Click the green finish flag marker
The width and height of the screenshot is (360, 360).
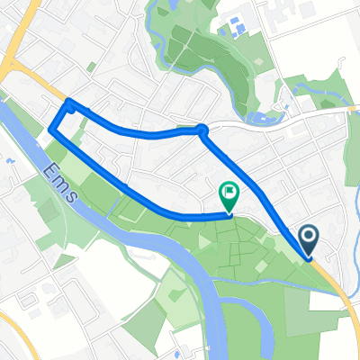coord(229,192)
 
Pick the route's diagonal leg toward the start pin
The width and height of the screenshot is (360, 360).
coord(261,193)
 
